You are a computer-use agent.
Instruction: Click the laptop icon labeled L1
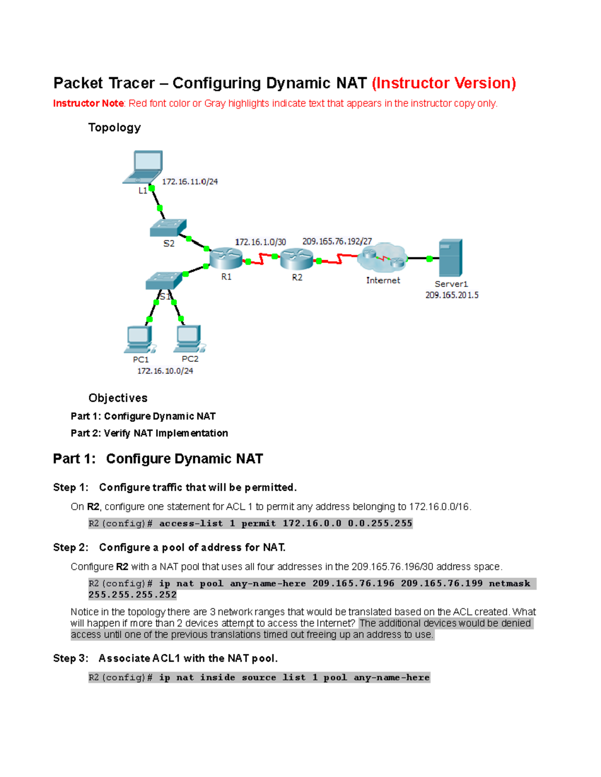click(144, 167)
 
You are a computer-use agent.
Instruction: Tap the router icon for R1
click(226, 258)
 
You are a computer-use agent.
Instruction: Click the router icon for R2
click(296, 259)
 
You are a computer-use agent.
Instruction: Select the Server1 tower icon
click(450, 258)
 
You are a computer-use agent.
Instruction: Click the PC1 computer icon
click(140, 339)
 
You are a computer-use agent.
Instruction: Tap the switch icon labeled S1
click(164, 281)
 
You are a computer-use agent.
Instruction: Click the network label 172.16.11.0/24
click(190, 182)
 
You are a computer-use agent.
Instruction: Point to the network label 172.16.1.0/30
click(260, 242)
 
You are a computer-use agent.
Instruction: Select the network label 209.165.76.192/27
click(337, 241)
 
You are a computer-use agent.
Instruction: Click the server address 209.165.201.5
click(452, 295)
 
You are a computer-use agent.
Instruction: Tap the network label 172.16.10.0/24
click(165, 371)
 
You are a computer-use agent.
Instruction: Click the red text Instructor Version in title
click(444, 83)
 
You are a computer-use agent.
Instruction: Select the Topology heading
click(114, 128)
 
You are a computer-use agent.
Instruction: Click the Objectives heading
click(118, 398)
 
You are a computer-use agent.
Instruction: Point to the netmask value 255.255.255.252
click(133, 595)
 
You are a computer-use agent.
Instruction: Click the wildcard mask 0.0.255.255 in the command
click(380, 523)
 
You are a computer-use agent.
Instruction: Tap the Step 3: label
click(71, 658)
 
